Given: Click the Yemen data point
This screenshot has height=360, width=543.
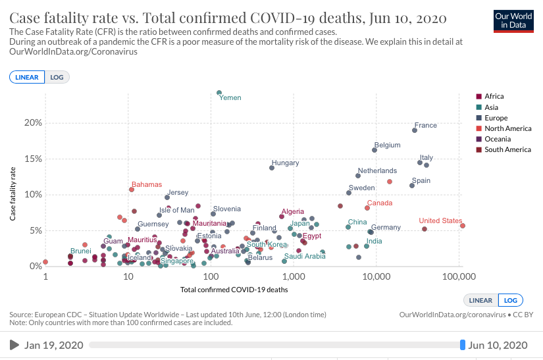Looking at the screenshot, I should coord(219,93).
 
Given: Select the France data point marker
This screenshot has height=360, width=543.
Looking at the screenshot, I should coord(415,130).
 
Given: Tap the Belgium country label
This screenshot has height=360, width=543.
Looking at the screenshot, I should coord(387,145).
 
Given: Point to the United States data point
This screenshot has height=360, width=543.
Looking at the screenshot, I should coord(463,226).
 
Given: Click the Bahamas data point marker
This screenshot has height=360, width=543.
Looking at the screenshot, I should coord(132,190).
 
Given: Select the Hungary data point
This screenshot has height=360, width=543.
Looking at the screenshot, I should coord(272,168).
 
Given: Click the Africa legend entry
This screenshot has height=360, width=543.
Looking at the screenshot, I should coord(494,96).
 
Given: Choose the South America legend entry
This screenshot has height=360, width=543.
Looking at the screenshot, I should coord(507,149).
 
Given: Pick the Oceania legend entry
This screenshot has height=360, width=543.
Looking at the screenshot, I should coord(497,139).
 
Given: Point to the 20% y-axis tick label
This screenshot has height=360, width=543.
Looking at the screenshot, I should coord(34,123).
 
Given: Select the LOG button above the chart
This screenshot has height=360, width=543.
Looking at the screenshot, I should coord(57,77).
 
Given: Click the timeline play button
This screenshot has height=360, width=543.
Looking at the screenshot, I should coord(14,345).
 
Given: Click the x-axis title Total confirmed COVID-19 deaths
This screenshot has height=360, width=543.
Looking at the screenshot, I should coord(234,289).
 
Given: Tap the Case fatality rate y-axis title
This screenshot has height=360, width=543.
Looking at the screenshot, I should coord(13,195).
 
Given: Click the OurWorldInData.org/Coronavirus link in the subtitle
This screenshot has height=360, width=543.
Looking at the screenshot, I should coord(73,52).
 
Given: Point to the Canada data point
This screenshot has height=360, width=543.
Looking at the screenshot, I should coord(367,208).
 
